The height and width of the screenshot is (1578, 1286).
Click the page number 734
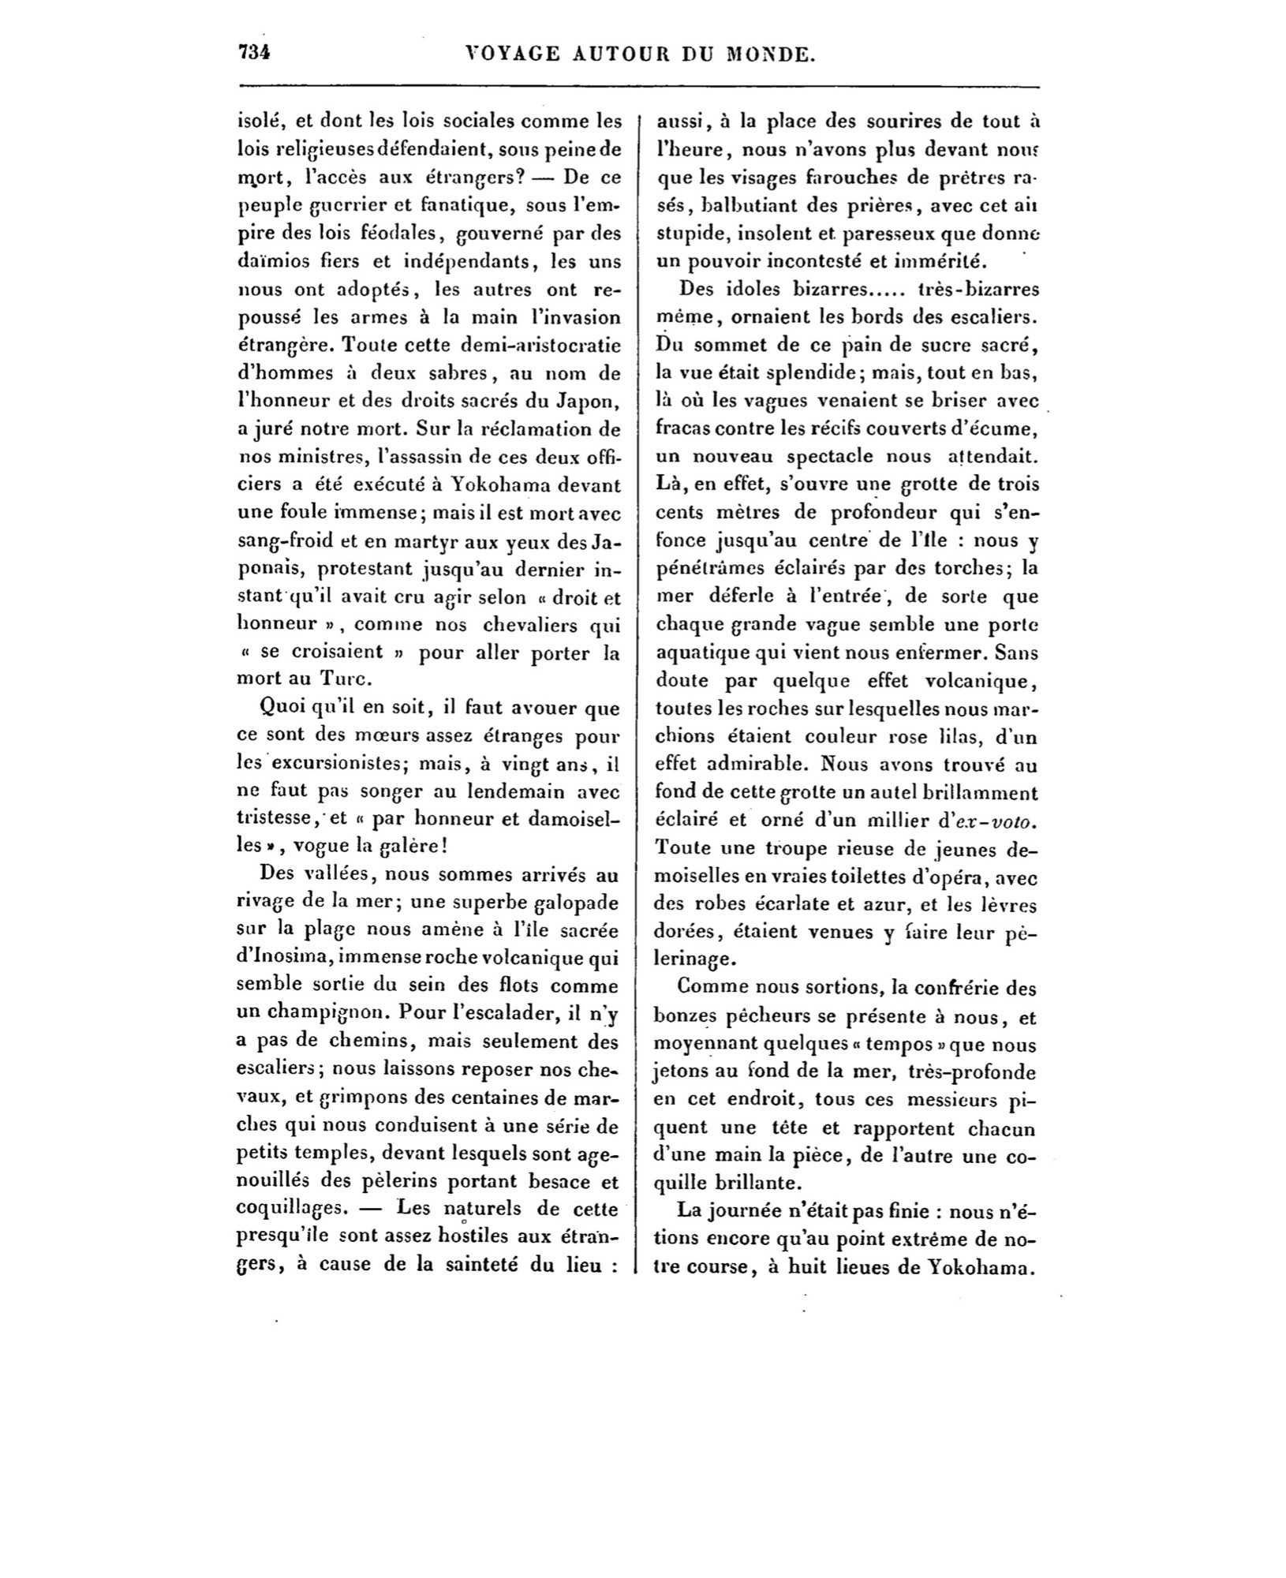click(x=254, y=53)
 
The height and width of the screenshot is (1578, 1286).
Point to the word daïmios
click(x=270, y=261)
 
